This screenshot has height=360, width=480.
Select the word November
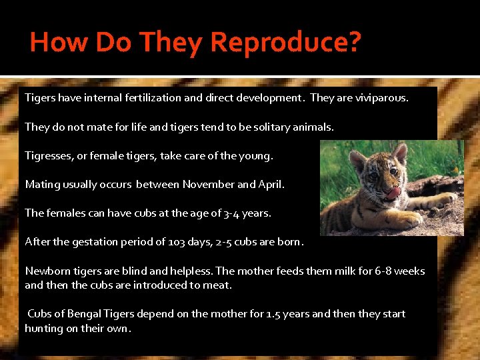click(x=208, y=185)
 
